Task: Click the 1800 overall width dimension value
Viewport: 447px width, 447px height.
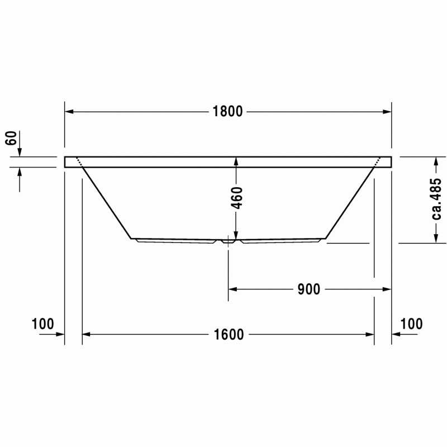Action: tap(227, 111)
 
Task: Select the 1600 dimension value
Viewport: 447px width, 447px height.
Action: tap(229, 334)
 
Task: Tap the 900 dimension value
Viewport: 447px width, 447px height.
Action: tap(309, 289)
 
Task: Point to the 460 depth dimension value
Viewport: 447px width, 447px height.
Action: tap(236, 198)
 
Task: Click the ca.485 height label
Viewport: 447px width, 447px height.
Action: tap(436, 199)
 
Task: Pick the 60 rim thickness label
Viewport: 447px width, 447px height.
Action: tap(11, 138)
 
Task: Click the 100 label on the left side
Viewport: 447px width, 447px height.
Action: tap(42, 324)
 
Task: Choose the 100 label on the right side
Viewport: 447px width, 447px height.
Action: tap(411, 324)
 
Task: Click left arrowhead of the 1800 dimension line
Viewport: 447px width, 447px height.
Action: tap(69, 112)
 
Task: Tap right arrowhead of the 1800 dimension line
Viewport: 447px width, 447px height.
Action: tap(387, 112)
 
